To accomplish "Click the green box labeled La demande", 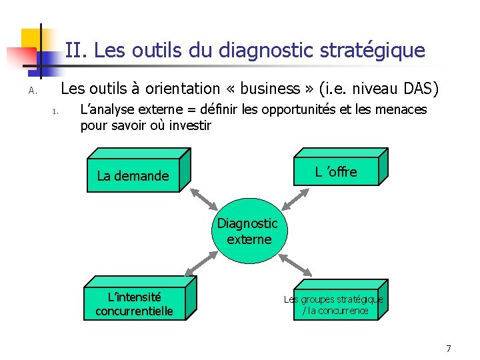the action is pos(133,176).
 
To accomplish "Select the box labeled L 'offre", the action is pos(336,171).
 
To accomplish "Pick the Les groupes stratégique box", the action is pos(333,305).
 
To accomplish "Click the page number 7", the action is pos(449,349).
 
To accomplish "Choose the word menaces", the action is pos(403,109).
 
